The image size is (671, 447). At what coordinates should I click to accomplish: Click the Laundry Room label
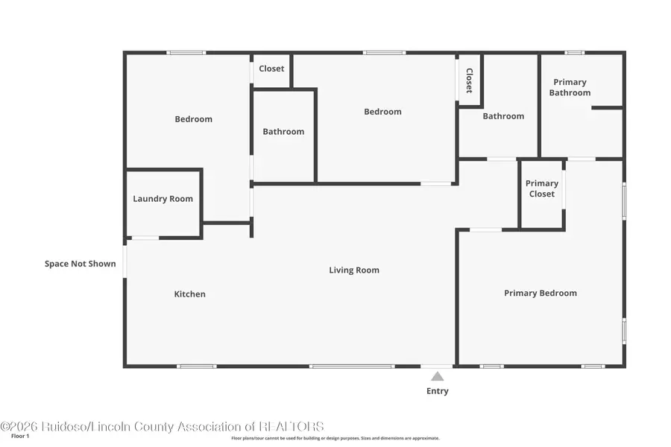(163, 199)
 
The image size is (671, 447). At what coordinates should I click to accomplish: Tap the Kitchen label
(189, 294)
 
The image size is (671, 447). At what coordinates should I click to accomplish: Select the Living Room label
(354, 270)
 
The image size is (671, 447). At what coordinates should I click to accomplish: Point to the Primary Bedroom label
(540, 294)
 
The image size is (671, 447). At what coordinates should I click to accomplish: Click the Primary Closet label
(541, 188)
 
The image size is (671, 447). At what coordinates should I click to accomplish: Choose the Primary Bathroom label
(570, 88)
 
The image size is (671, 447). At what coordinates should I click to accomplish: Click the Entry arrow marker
(437, 377)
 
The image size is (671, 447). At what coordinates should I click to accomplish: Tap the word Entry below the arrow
(437, 391)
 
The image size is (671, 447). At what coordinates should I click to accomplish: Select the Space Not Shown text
(80, 264)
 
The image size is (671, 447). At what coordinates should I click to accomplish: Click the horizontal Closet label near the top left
(271, 69)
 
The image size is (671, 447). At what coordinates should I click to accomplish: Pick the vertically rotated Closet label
(469, 80)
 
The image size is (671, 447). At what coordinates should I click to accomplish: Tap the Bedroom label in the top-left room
(193, 119)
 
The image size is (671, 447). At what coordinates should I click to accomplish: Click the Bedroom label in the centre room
(382, 112)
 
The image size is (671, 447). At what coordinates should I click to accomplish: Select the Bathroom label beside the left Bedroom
(283, 132)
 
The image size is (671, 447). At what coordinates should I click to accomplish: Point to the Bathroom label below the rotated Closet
(503, 116)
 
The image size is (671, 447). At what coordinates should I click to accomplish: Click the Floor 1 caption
(20, 436)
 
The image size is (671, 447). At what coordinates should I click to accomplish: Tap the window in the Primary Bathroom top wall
(574, 53)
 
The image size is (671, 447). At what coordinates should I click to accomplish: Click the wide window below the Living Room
(351, 366)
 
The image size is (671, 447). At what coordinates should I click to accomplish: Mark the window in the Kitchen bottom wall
(197, 366)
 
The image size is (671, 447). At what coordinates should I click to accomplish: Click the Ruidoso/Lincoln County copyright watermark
(162, 427)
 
